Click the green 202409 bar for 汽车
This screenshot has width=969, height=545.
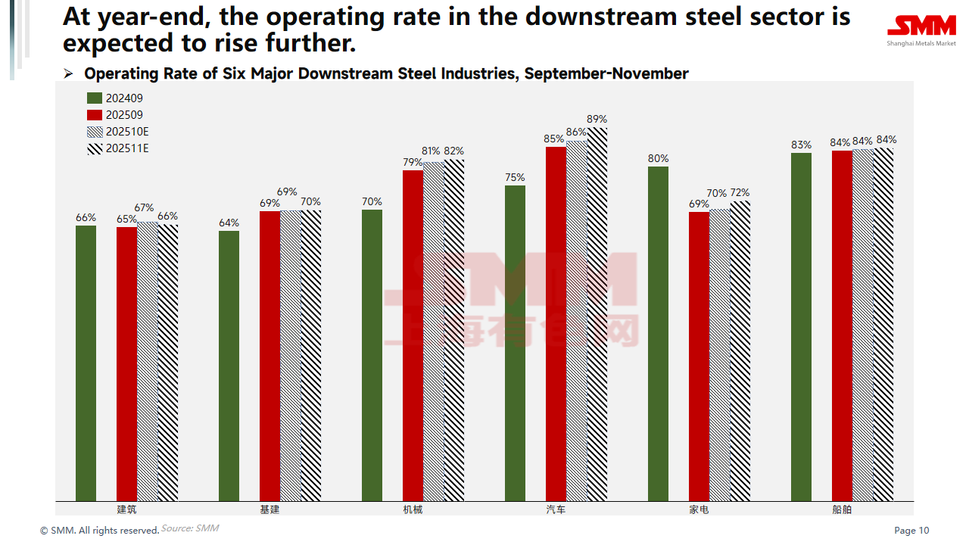click(x=515, y=343)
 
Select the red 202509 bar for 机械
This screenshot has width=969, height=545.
click(x=413, y=335)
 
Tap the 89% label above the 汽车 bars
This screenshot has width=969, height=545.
click(x=597, y=120)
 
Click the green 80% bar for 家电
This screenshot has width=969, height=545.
click(x=658, y=334)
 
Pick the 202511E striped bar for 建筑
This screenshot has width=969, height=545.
click(x=168, y=362)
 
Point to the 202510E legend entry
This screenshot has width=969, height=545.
click(x=118, y=132)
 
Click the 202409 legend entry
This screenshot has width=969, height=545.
click(x=115, y=98)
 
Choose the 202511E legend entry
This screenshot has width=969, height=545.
click(x=118, y=148)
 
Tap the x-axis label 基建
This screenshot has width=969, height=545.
click(x=270, y=509)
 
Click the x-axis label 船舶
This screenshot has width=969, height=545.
click(x=842, y=509)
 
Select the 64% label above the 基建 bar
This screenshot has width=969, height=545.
click(x=229, y=223)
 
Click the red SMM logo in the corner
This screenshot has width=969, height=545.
click(x=921, y=27)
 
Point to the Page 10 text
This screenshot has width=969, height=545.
click(x=911, y=531)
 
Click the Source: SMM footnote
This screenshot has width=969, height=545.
click(x=189, y=528)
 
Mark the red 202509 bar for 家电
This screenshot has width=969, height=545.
click(x=699, y=356)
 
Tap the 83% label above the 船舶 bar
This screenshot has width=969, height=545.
click(x=801, y=145)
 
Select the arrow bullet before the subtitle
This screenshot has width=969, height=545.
click(x=68, y=74)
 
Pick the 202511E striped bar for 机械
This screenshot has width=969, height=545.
click(x=454, y=330)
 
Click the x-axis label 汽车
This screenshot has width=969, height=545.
click(x=556, y=509)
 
